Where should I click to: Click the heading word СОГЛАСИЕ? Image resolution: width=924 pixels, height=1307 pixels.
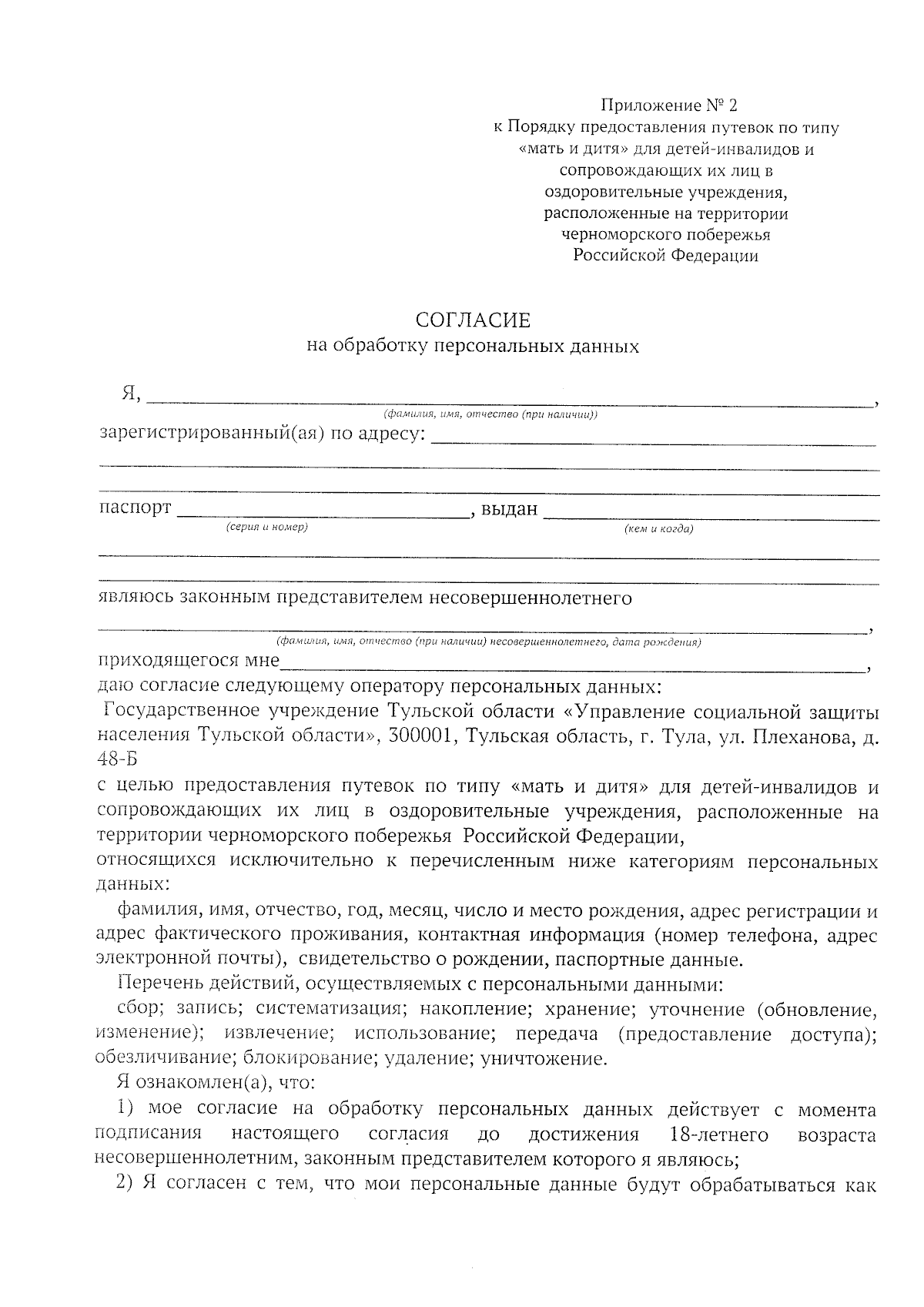[x=473, y=320]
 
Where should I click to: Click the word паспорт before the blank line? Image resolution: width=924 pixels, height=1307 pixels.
[x=136, y=508]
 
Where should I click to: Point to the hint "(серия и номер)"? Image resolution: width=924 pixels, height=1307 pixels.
[x=266, y=528]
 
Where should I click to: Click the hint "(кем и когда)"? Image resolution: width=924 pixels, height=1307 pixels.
[x=658, y=529]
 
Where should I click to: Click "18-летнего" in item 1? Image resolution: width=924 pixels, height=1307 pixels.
[x=720, y=1134]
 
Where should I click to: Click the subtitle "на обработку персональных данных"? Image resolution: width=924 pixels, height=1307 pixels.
[x=473, y=347]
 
